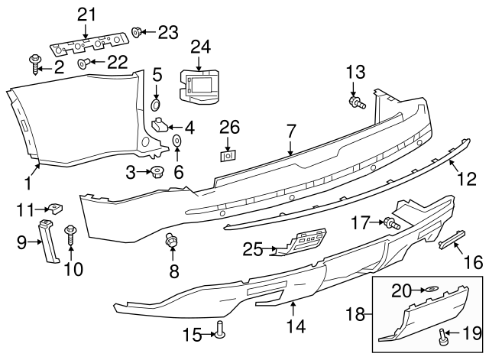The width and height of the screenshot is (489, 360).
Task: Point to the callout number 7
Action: click(290, 131)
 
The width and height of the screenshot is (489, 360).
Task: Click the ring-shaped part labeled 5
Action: click(156, 103)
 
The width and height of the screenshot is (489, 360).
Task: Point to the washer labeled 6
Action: click(176, 141)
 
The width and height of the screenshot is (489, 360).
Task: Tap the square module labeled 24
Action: click(200, 85)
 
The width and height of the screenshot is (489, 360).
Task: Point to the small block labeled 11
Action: click(55, 207)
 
